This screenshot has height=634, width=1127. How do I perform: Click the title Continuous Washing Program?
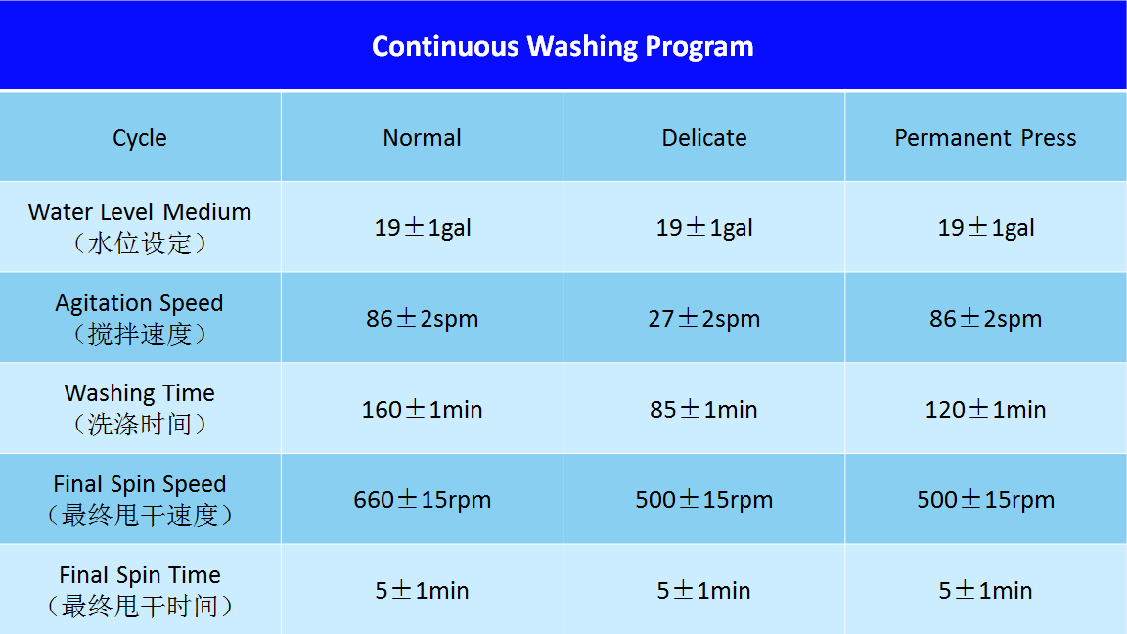coord(563,47)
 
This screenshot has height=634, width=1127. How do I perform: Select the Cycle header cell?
coord(140,137)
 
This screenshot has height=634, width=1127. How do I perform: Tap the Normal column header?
coord(422,137)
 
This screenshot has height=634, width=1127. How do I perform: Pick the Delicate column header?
coord(704,137)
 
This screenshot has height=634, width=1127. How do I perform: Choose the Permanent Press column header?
coord(985,137)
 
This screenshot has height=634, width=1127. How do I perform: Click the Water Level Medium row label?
coord(140,227)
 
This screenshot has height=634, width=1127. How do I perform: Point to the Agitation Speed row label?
coord(140,318)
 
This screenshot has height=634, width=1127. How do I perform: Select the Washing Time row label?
coord(140,408)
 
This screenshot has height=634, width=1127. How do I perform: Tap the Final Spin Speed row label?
coord(140,499)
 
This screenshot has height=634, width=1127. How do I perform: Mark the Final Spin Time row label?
coord(140,590)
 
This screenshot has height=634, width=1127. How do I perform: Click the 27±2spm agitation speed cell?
coord(704,318)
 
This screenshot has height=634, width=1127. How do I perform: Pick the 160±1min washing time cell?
coord(422,409)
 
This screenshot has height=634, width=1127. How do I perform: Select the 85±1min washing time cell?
coord(704,409)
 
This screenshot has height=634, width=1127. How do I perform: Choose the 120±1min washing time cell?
coord(985,409)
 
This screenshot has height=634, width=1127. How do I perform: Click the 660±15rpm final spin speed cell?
coord(422,500)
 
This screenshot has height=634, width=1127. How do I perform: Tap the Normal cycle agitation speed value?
coord(422,318)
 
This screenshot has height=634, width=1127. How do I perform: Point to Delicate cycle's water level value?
coord(704,228)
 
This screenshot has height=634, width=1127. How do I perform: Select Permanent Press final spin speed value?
coord(985,500)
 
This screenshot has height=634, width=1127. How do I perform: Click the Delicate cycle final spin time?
coord(704,591)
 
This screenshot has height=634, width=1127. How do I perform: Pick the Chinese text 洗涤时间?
coord(140,424)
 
